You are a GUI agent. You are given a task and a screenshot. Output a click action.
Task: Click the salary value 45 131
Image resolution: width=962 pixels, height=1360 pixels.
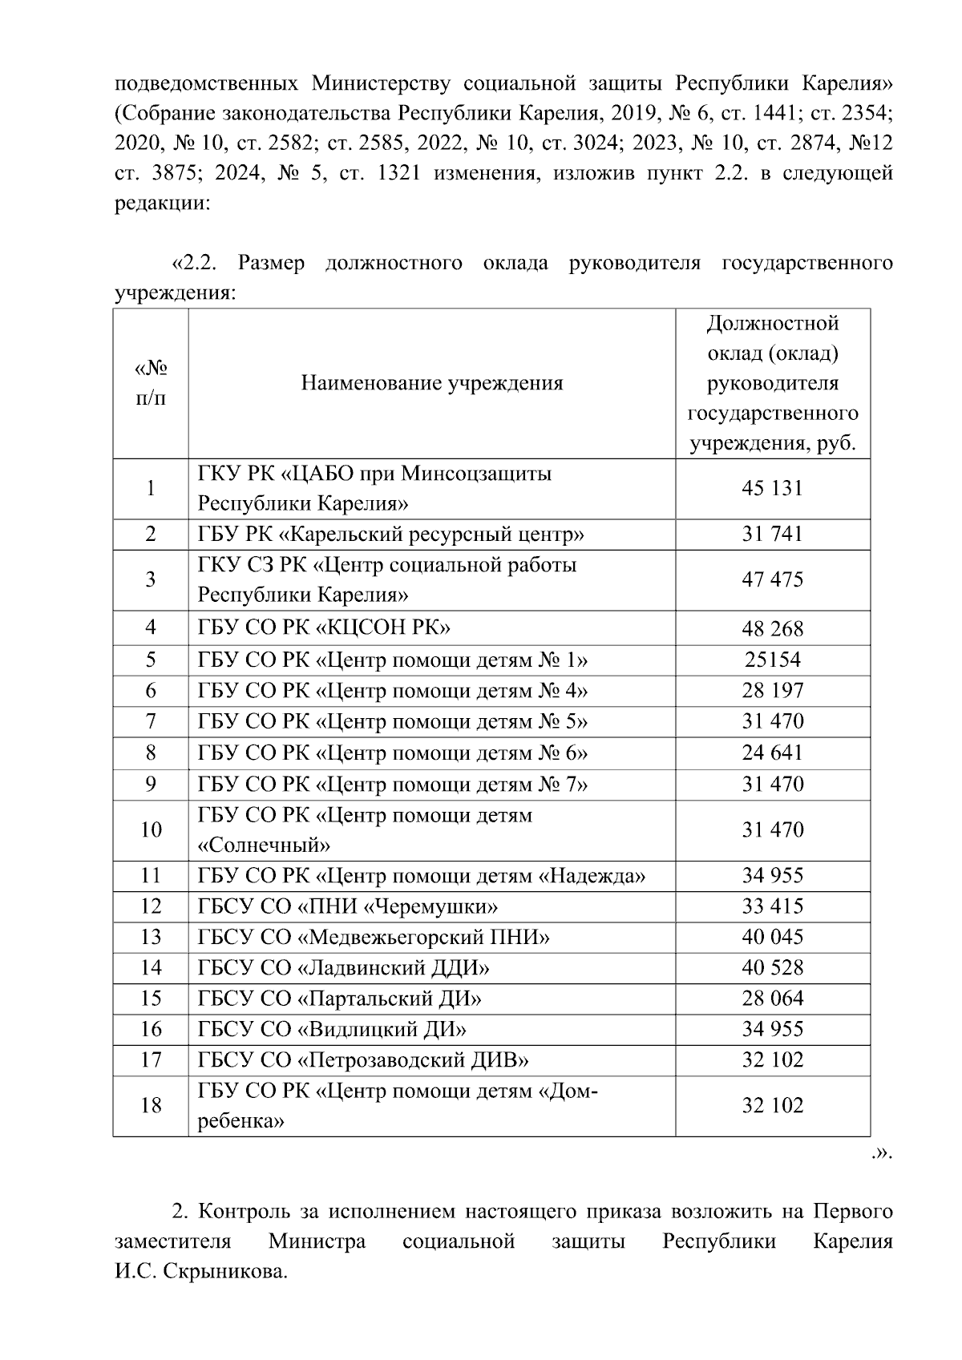click(x=772, y=488)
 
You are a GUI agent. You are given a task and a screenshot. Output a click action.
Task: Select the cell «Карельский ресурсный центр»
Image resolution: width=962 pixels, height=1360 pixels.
click(x=390, y=535)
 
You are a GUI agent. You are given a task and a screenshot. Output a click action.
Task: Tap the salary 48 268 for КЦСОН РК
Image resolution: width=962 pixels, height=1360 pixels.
click(x=772, y=628)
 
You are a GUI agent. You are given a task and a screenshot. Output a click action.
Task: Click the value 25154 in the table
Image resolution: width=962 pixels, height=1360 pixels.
click(x=772, y=660)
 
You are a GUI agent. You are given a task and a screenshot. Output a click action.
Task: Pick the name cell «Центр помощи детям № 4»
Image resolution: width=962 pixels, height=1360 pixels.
click(x=393, y=691)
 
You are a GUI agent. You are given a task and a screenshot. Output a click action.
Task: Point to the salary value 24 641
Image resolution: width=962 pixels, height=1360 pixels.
click(x=772, y=753)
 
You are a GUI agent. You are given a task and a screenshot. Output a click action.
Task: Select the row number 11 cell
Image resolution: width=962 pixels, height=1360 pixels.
click(x=151, y=875)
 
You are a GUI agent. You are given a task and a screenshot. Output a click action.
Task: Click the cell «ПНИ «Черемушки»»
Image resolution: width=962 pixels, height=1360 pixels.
click(x=348, y=906)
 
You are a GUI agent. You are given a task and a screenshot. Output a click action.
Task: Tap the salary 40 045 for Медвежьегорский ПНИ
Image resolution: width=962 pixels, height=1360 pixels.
click(x=772, y=937)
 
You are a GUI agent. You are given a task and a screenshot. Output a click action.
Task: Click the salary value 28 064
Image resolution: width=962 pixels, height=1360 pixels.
click(x=772, y=999)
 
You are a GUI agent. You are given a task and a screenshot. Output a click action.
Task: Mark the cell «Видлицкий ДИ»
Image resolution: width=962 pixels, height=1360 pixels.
click(x=332, y=1029)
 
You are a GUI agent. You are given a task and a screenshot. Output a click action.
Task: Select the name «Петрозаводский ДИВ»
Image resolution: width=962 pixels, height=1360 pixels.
click(x=363, y=1060)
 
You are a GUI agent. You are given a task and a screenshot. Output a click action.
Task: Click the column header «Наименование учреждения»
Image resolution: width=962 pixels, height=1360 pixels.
click(x=432, y=383)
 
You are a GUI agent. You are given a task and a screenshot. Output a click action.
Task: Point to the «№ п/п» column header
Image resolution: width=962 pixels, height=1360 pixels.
click(x=151, y=383)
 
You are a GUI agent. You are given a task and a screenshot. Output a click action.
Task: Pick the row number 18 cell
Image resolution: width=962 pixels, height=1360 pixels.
click(x=151, y=1106)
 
